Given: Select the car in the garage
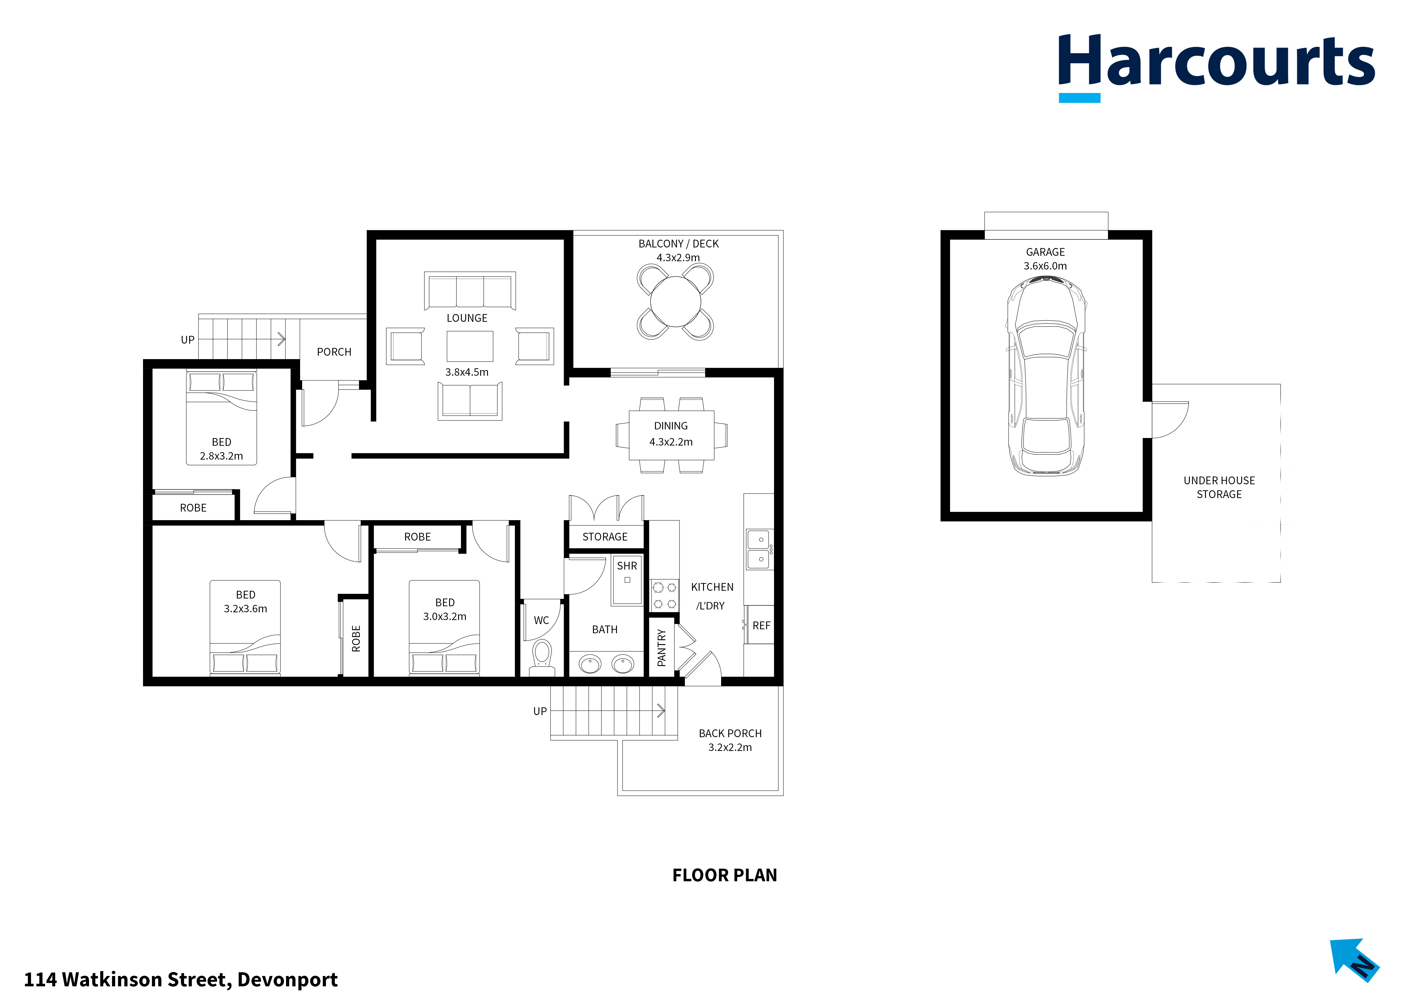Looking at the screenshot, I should [x=1046, y=377].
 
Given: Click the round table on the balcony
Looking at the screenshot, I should [x=675, y=301].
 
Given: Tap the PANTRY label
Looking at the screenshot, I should [x=662, y=648].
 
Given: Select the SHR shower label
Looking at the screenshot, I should [x=627, y=566].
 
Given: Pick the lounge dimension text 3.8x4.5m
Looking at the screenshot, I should [x=467, y=372].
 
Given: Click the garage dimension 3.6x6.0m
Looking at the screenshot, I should [x=1045, y=266].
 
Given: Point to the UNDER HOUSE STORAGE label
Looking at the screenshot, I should [x=1219, y=487].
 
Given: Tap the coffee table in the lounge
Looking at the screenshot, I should [x=470, y=346].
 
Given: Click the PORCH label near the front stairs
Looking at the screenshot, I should [x=334, y=352].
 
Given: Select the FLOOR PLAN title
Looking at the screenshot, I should [x=724, y=875].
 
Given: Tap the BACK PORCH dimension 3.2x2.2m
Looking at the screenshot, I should [x=730, y=748].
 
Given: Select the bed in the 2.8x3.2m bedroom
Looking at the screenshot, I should [x=222, y=418].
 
